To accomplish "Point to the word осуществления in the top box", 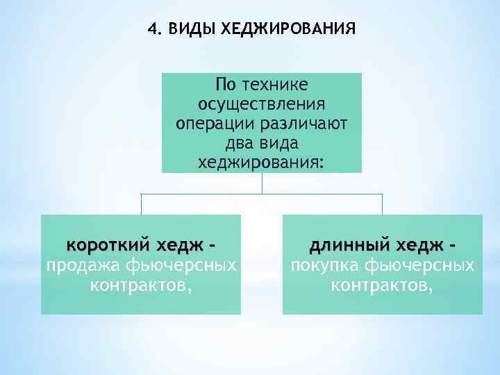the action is point(262,104).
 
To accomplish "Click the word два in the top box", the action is point(240,144).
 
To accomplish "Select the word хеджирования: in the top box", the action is point(261,163).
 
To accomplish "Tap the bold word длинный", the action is point(351,245).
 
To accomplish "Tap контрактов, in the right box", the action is point(382,284).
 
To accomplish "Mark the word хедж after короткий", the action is point(180,245).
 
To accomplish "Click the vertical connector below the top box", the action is point(262,183).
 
